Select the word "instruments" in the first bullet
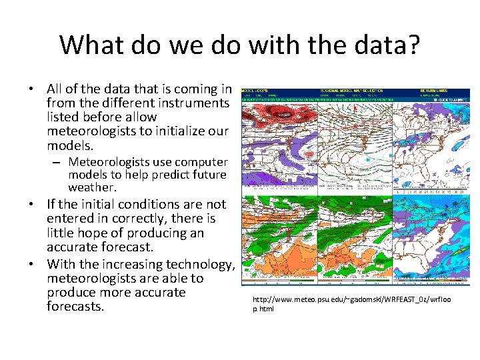pyautogui.click(x=195, y=103)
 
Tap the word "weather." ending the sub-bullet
pyautogui.click(x=92, y=188)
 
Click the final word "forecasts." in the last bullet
pyautogui.click(x=75, y=307)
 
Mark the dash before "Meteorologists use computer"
pyautogui.click(x=59, y=162)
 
